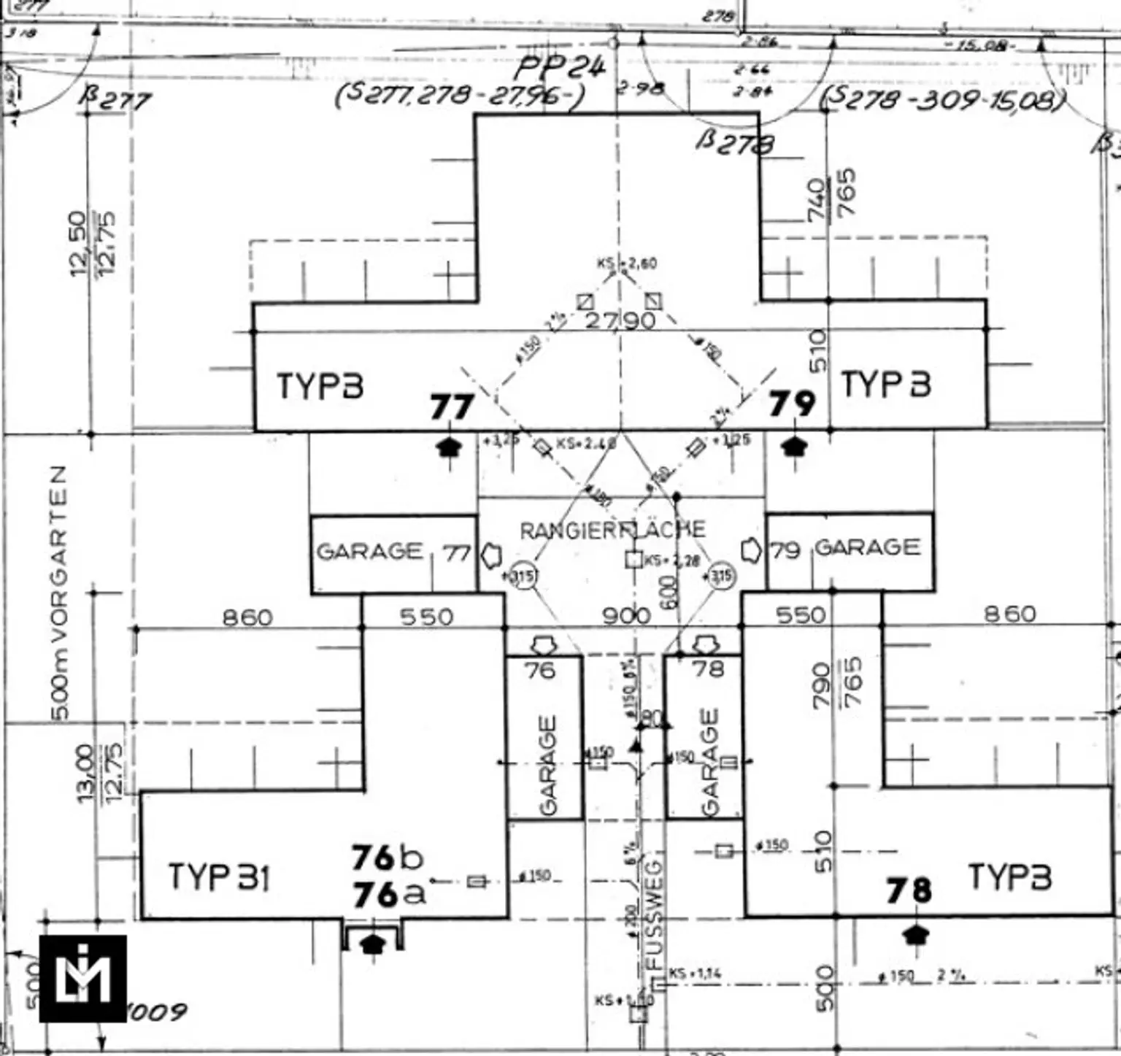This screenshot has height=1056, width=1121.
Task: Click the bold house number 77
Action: (452, 406)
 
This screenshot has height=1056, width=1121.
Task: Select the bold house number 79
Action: (792, 403)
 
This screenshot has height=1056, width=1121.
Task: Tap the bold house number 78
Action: (909, 890)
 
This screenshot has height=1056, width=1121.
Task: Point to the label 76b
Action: (387, 858)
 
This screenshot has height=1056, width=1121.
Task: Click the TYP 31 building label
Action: (219, 876)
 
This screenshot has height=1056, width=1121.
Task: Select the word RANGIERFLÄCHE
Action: (612, 530)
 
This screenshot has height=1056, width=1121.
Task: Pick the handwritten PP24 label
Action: (560, 69)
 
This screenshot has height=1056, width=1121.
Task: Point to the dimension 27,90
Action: (620, 320)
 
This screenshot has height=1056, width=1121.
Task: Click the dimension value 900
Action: (626, 617)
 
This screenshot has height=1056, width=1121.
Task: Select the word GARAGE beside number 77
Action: (369, 551)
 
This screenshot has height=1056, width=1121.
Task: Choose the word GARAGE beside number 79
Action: (867, 547)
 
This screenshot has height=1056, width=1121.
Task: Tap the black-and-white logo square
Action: (82, 978)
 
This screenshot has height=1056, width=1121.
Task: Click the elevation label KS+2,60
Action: (627, 263)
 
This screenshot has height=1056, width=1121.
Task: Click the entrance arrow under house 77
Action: (450, 446)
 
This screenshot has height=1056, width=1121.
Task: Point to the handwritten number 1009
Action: (156, 1012)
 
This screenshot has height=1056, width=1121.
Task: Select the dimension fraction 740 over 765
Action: (831, 195)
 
